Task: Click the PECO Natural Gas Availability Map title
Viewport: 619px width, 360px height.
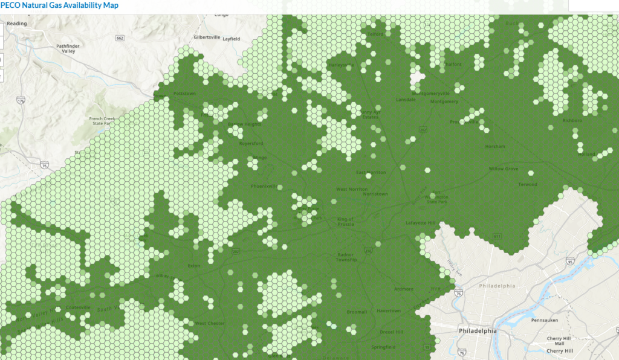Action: tap(59, 5)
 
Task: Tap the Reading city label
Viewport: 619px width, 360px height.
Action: tap(17, 24)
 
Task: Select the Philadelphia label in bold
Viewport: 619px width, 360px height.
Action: tap(478, 331)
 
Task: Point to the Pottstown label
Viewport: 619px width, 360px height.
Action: tap(185, 94)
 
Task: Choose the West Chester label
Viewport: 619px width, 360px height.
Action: tap(210, 324)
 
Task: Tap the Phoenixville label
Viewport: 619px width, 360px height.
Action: tap(264, 186)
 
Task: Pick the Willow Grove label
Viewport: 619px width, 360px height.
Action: tap(504, 169)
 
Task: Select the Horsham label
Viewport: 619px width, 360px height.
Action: tap(495, 147)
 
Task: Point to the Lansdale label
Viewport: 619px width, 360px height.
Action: tap(406, 100)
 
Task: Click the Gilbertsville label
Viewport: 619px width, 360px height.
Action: tap(206, 37)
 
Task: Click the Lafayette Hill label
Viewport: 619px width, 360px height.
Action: tap(422, 223)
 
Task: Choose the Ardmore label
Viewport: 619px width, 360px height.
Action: tap(404, 289)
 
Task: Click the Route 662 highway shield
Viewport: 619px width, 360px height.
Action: tap(120, 39)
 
